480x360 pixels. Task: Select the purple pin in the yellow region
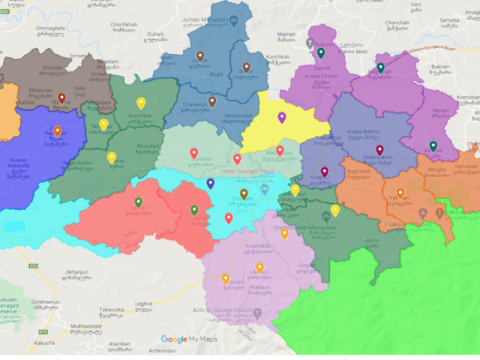(x=282, y=118)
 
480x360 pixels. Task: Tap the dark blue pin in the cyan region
(x=210, y=184)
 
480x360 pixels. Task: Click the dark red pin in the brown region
(x=62, y=98)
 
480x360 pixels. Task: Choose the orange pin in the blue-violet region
(x=57, y=131)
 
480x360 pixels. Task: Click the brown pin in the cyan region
(x=243, y=194)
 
